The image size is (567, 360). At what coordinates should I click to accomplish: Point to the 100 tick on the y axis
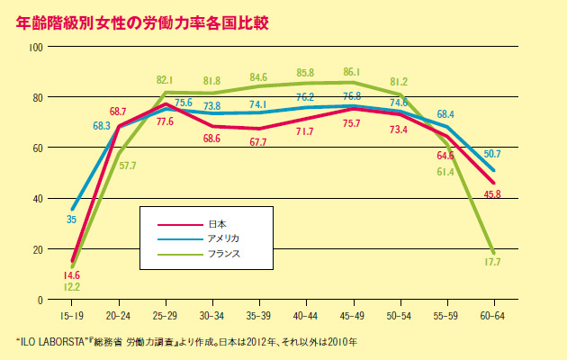pos(37,45)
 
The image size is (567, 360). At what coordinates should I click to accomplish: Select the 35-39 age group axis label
pos(259,316)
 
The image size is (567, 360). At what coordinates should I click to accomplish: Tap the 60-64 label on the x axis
pos(492,316)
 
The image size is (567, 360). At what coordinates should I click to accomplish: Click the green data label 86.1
pos(352,72)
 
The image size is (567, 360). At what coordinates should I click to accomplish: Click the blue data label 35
pos(70,219)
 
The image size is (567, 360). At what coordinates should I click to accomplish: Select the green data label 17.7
pos(491,262)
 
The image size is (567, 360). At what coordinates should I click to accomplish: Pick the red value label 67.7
pos(258,142)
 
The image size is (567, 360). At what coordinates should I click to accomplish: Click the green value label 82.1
pos(165,80)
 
